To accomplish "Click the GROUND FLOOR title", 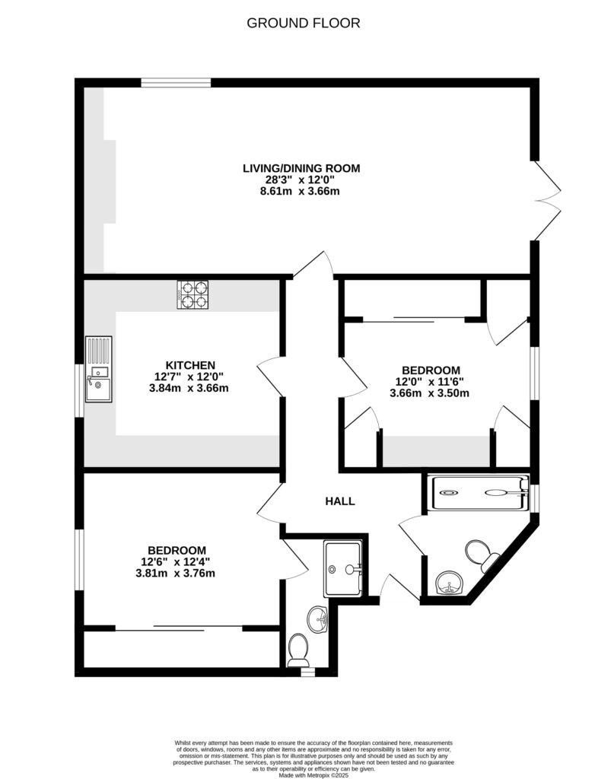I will click(x=304, y=23).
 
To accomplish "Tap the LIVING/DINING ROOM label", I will click(x=301, y=168).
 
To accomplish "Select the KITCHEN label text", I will click(x=180, y=365).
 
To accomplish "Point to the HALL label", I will click(x=340, y=501).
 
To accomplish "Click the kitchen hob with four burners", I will click(x=192, y=295).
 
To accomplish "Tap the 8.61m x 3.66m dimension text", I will click(x=301, y=191).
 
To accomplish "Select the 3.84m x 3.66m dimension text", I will click(x=180, y=388).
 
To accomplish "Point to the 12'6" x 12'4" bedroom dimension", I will click(x=177, y=562).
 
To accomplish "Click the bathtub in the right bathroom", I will click(x=478, y=492).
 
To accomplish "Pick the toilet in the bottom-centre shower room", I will click(x=299, y=649).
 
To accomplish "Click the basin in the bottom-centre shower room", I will click(x=319, y=620).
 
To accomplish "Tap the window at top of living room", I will click(x=176, y=82).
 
